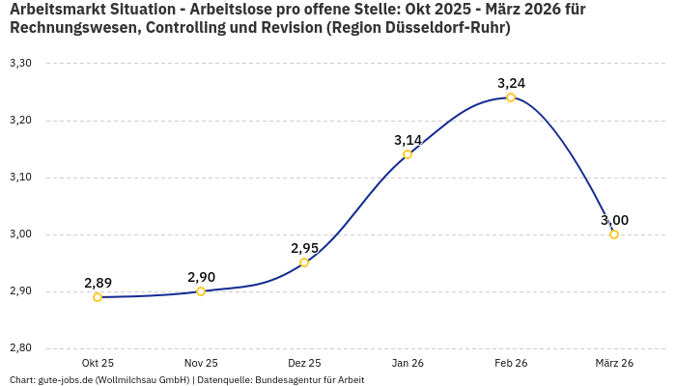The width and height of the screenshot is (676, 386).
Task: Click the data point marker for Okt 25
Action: (98, 297)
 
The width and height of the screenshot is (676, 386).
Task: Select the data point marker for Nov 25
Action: (201, 291)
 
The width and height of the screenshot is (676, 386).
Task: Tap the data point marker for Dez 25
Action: (304, 262)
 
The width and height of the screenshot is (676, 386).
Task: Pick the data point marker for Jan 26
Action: (408, 154)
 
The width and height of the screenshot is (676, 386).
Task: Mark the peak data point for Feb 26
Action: (511, 97)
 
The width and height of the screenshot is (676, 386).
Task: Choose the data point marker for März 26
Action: (614, 234)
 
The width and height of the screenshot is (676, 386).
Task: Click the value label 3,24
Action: (511, 83)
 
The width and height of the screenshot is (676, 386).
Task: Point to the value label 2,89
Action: (98, 283)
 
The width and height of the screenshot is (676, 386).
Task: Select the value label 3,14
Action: (408, 140)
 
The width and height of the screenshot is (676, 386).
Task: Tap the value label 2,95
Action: (304, 248)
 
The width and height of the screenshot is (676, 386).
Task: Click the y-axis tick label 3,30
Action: (20, 64)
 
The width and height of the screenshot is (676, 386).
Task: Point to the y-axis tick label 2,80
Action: (20, 348)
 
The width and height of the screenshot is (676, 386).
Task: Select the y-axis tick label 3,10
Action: (20, 178)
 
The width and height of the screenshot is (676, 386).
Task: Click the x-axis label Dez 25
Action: (304, 363)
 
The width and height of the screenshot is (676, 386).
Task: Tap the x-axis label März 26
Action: (614, 363)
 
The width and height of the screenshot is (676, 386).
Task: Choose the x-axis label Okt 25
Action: (98, 363)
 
